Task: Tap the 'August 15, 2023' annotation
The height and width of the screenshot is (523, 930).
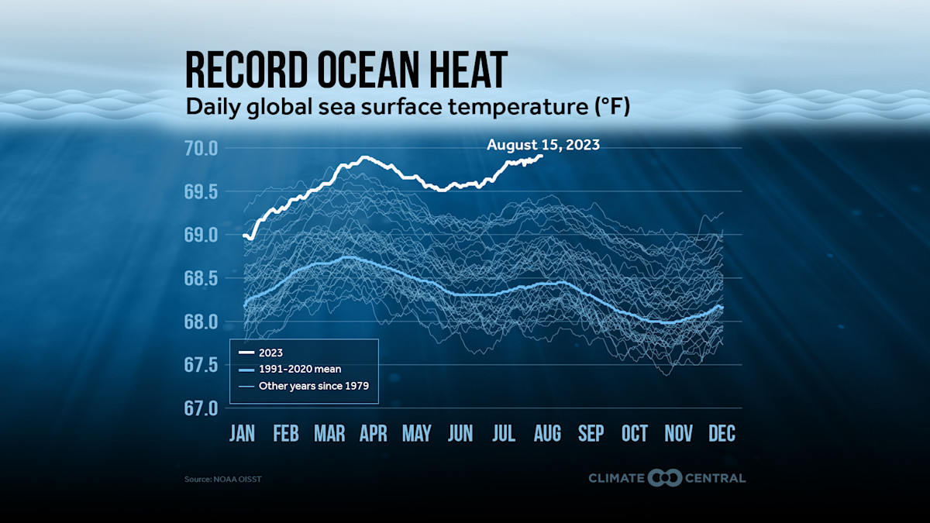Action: [542, 144]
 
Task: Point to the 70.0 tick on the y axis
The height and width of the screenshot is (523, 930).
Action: [201, 148]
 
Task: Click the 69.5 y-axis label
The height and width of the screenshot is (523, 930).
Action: [201, 191]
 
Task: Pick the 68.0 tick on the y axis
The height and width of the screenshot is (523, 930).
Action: [201, 322]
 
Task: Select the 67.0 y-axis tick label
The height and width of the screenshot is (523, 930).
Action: [201, 408]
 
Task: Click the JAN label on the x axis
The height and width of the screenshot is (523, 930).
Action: [242, 433]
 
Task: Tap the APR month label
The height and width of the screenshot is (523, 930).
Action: [373, 433]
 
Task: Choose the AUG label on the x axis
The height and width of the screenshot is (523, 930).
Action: [547, 433]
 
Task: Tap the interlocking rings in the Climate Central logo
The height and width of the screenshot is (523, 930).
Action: [665, 478]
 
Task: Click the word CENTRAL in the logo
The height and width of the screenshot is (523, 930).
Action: [715, 478]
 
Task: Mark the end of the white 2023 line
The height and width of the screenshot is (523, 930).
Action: [542, 156]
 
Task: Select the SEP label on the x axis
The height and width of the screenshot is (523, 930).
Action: [591, 433]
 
